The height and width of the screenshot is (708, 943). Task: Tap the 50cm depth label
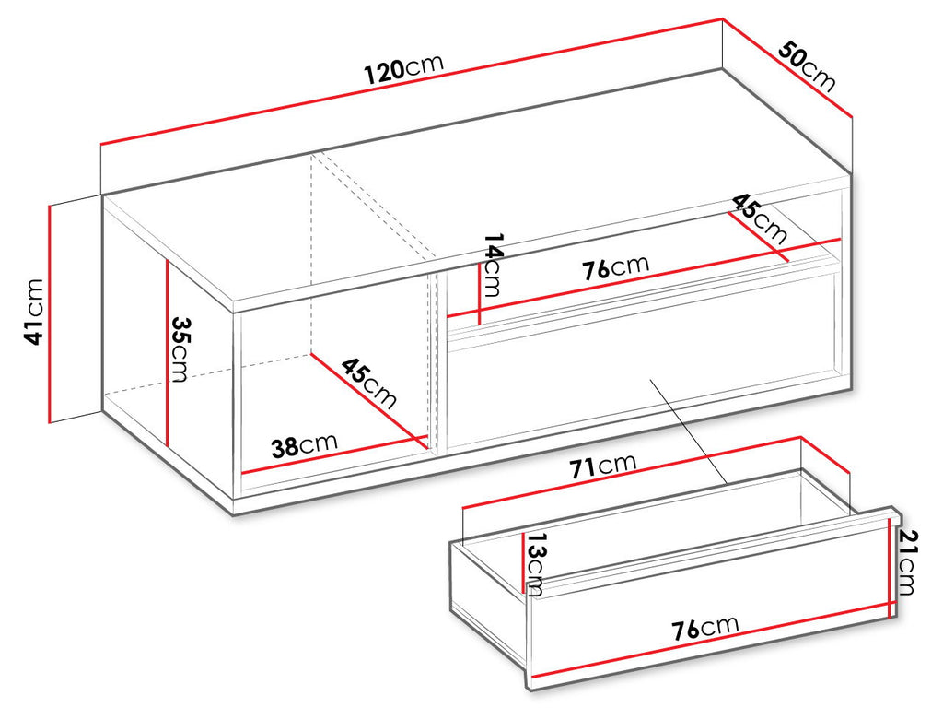click(x=807, y=66)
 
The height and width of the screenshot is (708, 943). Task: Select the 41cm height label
click(x=34, y=312)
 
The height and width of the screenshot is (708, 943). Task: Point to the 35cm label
click(x=180, y=349)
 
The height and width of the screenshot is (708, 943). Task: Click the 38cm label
click(x=304, y=445)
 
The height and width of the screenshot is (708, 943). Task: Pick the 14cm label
click(x=492, y=265)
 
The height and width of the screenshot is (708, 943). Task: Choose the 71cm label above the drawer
click(x=602, y=466)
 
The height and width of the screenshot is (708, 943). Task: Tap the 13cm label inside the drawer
click(x=534, y=564)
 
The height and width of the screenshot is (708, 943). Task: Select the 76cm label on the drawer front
click(x=704, y=628)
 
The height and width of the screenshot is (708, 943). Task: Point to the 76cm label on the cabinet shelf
click(x=616, y=267)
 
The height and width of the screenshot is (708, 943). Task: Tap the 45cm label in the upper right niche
click(x=759, y=218)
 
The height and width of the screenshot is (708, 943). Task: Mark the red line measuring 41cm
click(x=50, y=313)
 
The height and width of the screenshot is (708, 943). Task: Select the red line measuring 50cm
click(x=788, y=68)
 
